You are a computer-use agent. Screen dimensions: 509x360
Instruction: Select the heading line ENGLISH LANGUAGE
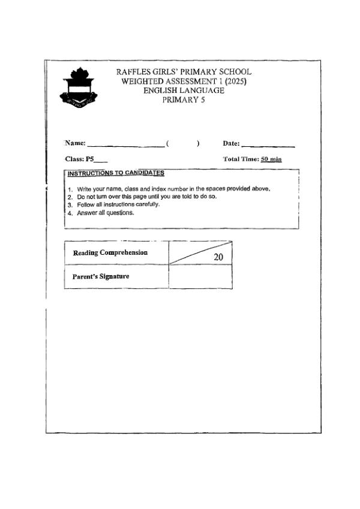pos(184,91)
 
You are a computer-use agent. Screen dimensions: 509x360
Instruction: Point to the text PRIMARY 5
pos(184,100)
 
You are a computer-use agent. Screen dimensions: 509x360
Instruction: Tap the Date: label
pos(231,143)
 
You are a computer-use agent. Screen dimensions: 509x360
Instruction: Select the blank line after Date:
pos(268,144)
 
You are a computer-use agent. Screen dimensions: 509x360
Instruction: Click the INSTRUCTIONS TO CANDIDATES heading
pos(116,173)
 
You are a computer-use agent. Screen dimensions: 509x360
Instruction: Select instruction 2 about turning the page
pos(146,197)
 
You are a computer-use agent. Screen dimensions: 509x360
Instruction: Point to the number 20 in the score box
pos(218,257)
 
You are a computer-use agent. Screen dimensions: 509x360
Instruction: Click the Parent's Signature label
pos(101,277)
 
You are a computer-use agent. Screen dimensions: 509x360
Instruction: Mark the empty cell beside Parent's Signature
pos(200,277)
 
